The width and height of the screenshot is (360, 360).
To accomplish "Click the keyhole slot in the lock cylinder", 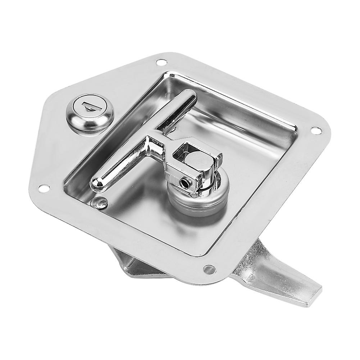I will [x=88, y=106].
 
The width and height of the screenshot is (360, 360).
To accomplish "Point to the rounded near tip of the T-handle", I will [x=96, y=183].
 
